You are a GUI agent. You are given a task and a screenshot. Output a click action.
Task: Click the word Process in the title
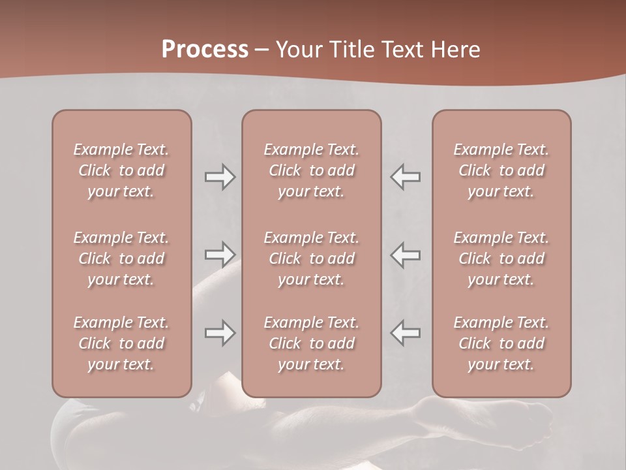coord(205,50)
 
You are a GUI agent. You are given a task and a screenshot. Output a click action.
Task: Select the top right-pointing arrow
coord(220,177)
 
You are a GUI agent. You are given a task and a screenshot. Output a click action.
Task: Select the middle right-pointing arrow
coord(220,255)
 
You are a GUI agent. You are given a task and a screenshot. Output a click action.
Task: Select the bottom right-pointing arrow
coord(220,333)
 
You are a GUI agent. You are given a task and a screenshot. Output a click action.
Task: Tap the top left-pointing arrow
coord(406,177)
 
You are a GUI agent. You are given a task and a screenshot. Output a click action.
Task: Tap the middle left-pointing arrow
coord(406,255)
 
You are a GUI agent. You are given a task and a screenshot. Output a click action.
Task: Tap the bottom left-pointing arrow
coord(406,333)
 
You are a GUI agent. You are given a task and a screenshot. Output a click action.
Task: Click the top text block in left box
coord(121,170)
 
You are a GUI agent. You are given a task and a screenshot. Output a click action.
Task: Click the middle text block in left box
coord(121,258)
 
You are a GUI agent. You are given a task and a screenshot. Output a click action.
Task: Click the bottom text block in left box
coord(121,343)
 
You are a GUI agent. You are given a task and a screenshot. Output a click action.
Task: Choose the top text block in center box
coord(311,170)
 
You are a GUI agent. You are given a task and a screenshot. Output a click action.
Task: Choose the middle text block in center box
coord(311,258)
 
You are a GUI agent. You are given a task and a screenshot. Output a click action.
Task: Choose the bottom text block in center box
coord(311,343)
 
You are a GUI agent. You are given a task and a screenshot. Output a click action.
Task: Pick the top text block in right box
coord(501,170)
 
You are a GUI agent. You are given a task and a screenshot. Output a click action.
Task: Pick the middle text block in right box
coord(501,258)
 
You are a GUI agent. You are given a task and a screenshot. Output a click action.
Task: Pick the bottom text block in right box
coord(501,343)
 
